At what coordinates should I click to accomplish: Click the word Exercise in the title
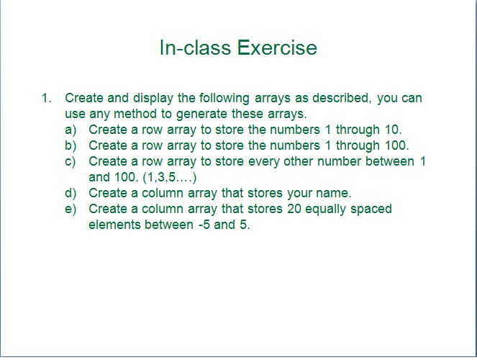pyautogui.click(x=277, y=48)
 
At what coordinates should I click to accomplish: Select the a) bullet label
pyautogui.click(x=70, y=130)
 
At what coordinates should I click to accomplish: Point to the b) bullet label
pyautogui.click(x=70, y=145)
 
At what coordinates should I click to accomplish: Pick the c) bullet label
pyautogui.click(x=70, y=161)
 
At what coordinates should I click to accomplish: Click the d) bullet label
pyautogui.click(x=70, y=193)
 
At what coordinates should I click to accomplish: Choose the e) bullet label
pyautogui.click(x=70, y=209)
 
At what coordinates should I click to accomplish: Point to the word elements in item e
pyautogui.click(x=114, y=225)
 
